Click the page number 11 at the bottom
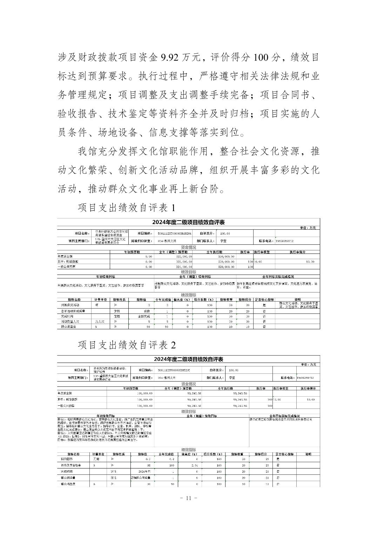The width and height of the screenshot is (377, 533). coord(188,498)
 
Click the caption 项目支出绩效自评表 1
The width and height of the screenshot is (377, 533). coord(126,208)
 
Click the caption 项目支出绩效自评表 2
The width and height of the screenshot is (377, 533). coord(127,345)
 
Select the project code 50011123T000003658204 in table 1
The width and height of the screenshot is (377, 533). coord(175,233)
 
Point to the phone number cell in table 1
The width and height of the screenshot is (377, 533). coord(284,241)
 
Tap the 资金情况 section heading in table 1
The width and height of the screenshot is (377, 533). coord(188,247)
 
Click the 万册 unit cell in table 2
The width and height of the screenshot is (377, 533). coord(93,459)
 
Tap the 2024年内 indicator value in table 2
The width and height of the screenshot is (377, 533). coord(144,472)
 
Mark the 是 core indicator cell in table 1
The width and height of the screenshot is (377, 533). coord(264,305)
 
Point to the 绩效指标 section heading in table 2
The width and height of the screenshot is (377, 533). coord(188,450)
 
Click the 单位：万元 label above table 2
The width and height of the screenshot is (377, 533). coord(308,365)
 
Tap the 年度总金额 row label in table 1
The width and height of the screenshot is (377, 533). coord(66,256)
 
